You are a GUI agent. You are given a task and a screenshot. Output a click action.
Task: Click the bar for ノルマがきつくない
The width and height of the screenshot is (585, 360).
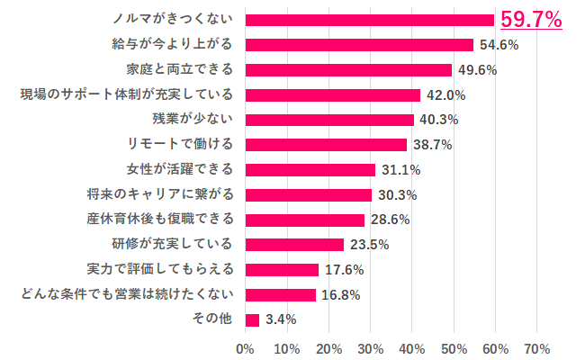click(369, 20)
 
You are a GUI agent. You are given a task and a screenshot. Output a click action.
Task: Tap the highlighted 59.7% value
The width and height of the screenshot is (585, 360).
click(531, 19)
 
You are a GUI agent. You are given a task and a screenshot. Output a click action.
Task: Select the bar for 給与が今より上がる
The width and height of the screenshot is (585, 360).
click(358, 45)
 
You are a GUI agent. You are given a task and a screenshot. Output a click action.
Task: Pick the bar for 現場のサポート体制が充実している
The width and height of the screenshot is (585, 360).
click(332, 94)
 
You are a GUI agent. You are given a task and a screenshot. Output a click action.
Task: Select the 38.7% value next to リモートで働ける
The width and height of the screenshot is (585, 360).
click(431, 145)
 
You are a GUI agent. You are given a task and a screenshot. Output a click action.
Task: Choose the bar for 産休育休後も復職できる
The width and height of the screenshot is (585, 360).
click(304, 220)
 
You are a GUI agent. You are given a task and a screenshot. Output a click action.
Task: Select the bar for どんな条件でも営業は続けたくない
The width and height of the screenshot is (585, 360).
click(280, 294)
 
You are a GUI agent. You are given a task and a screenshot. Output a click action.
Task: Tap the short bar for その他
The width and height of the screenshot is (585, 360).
click(252, 319)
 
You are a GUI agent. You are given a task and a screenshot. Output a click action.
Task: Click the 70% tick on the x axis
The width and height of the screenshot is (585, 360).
click(537, 347)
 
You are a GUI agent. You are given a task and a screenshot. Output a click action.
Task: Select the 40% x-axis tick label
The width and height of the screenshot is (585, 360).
click(411, 347)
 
